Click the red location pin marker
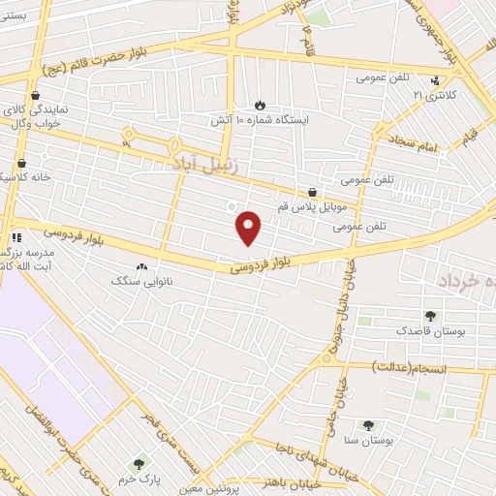[x=249, y=228]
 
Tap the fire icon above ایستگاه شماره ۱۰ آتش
[x=260, y=105]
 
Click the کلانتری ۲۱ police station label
[x=433, y=96]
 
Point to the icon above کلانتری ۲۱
[x=434, y=80]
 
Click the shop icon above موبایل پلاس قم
[x=311, y=193]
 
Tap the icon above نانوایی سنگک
[x=142, y=265]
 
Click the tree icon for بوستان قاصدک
[x=430, y=316]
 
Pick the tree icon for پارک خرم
[x=139, y=465]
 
